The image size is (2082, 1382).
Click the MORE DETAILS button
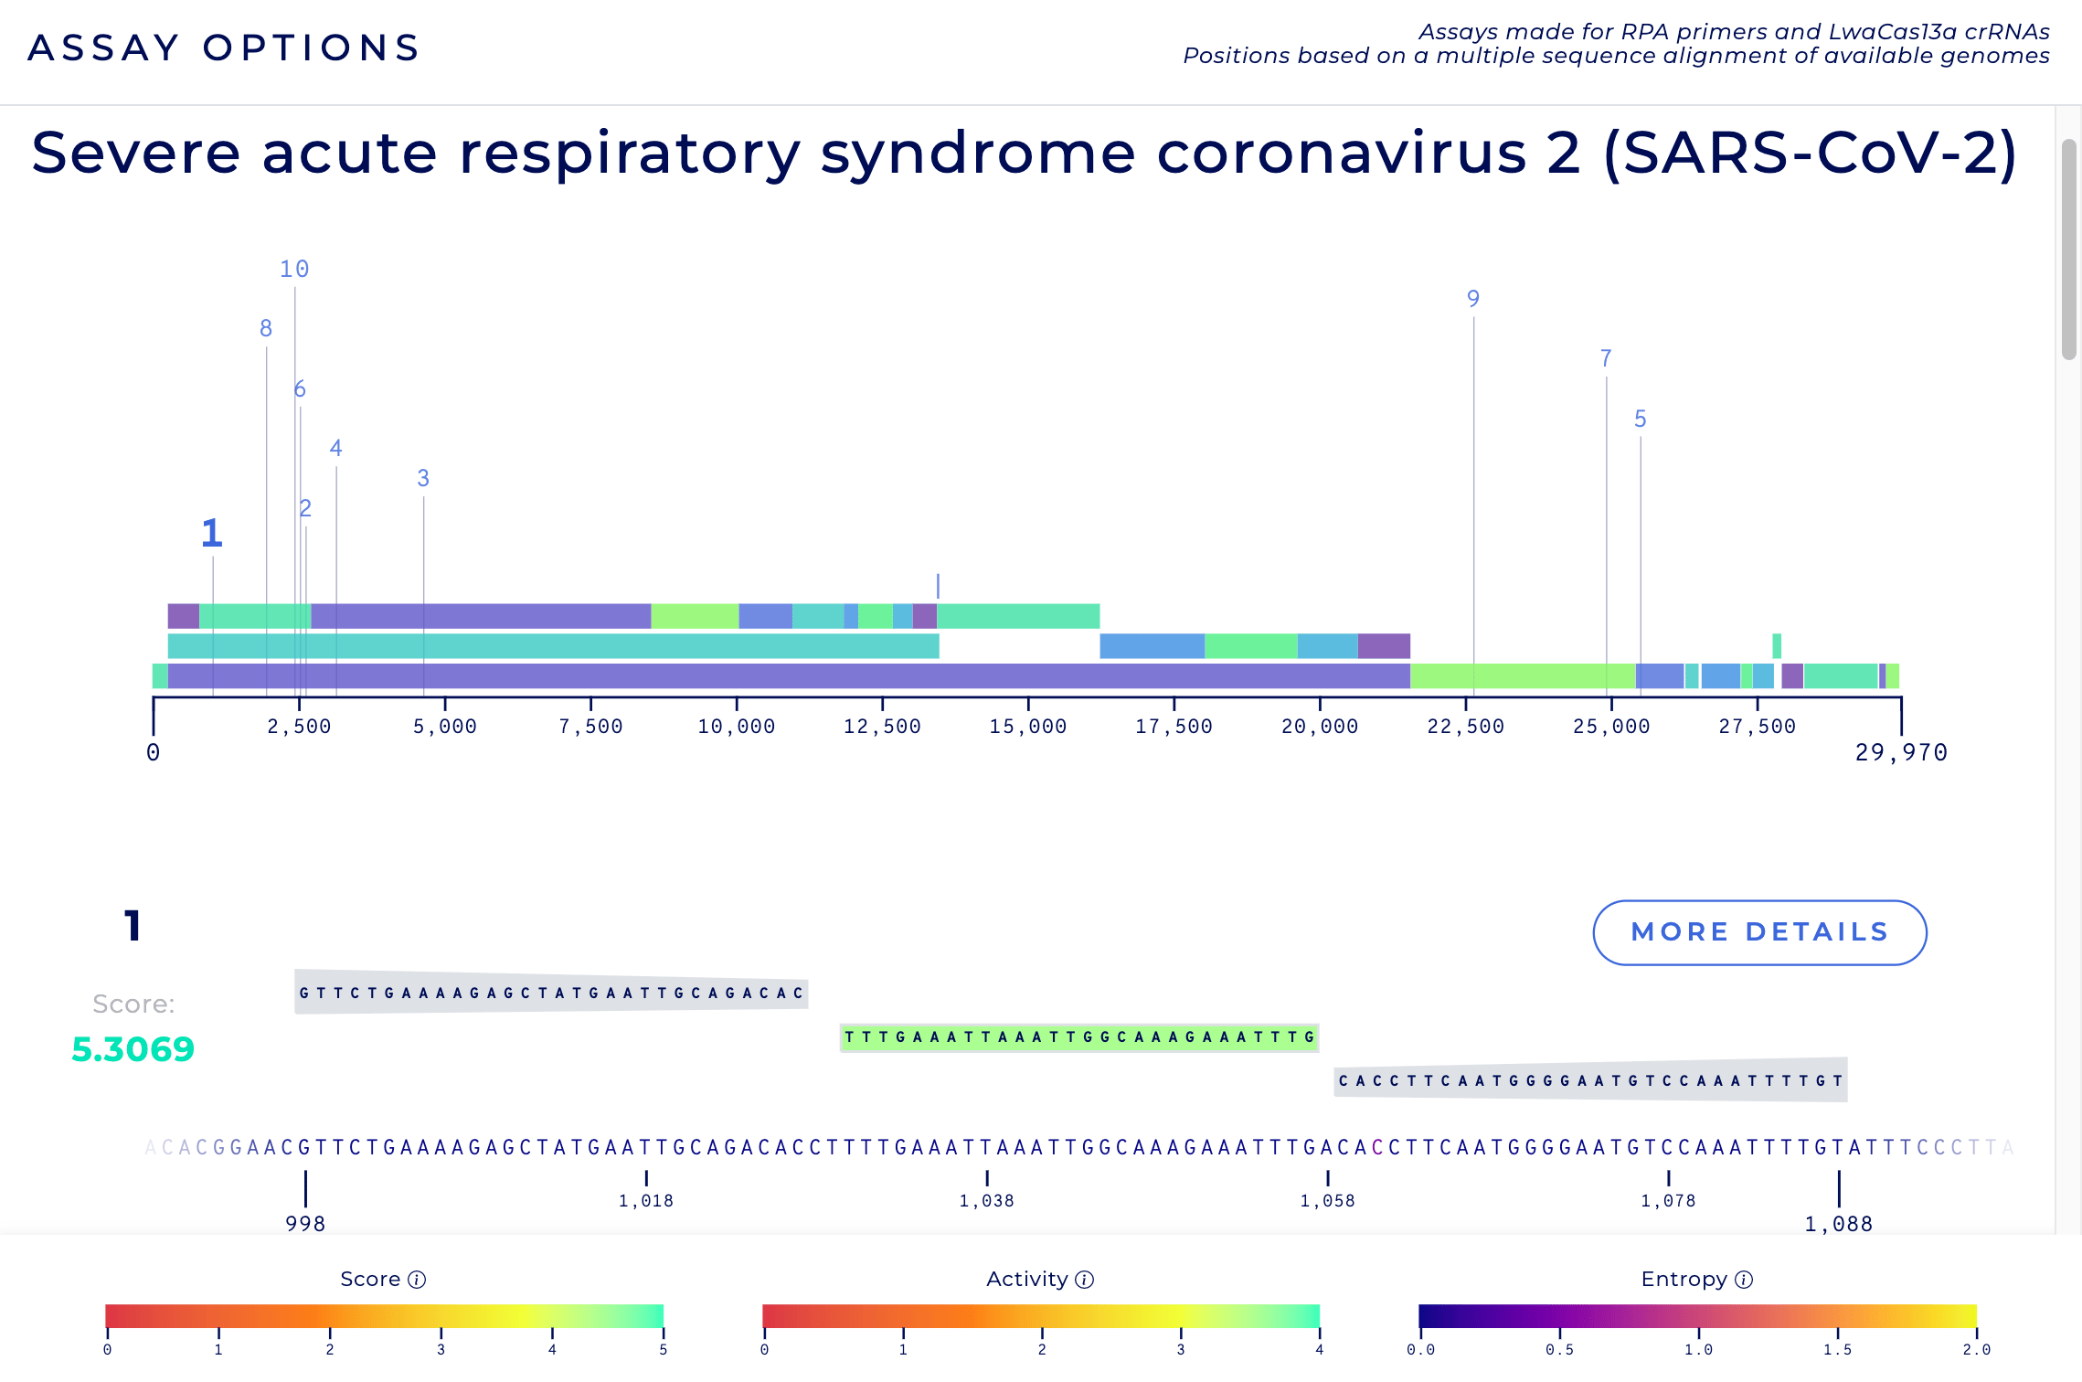click(x=1759, y=932)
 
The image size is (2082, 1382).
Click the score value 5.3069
click(x=133, y=1049)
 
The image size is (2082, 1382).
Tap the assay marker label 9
click(x=1472, y=299)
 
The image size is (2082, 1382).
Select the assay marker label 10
click(x=294, y=270)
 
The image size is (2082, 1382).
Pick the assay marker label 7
click(x=1606, y=358)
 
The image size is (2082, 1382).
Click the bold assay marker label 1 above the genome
click(x=212, y=534)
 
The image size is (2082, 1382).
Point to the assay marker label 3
click(x=423, y=478)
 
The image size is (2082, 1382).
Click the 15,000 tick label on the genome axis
click(x=1027, y=727)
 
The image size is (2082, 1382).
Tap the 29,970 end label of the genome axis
click(x=1901, y=752)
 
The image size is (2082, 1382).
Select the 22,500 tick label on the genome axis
click(x=1465, y=727)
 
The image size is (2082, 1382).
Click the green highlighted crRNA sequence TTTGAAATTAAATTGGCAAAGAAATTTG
click(x=1078, y=1037)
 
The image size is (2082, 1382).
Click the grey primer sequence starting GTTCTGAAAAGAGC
click(x=551, y=994)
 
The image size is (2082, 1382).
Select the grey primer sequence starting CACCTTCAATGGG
click(x=1590, y=1080)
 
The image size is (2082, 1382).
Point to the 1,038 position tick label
click(x=986, y=1201)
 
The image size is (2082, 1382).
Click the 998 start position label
click(x=305, y=1224)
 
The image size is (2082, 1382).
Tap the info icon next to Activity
click(x=1085, y=1280)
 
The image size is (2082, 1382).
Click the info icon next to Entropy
click(x=1744, y=1280)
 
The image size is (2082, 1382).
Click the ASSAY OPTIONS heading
click(x=224, y=48)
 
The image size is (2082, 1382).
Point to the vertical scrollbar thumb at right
click(x=2069, y=249)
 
